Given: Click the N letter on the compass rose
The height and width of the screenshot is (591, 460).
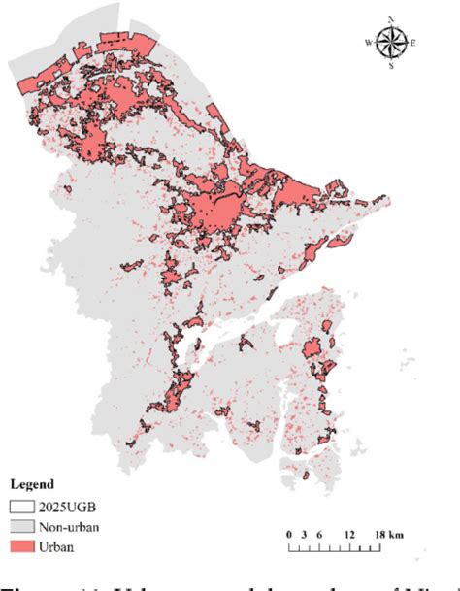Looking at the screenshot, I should coord(391,18).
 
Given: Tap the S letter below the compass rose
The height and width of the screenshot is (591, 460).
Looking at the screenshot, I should coord(391,67).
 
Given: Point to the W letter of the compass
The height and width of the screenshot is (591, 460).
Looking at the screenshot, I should coord(368,43).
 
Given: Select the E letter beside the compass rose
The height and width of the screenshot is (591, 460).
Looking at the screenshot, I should coord(413,43).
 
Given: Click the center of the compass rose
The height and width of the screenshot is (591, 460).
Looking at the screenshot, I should coord(391,43).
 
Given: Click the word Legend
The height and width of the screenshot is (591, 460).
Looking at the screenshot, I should coord(33,482).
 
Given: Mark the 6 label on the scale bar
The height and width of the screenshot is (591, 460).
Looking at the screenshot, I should coord(317,535).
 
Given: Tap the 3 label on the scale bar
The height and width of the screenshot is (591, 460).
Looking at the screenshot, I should coord(304,535).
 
